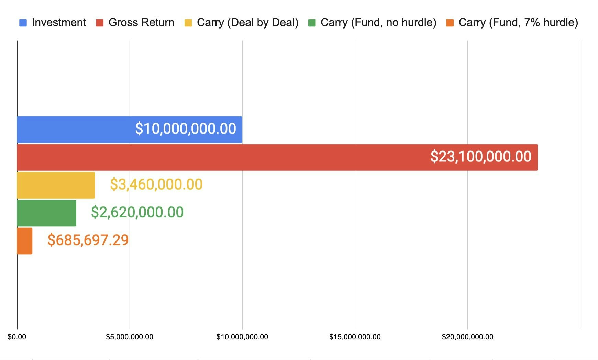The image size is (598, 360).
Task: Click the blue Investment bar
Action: [76, 130]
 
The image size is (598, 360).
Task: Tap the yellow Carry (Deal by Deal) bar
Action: [56, 185]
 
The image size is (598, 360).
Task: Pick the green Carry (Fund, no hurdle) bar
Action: [46, 213]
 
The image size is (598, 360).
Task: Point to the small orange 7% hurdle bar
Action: [25, 241]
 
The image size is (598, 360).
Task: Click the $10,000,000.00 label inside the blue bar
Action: [186, 129]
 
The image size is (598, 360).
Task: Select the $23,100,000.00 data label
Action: [481, 157]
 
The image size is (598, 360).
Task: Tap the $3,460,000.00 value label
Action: [156, 184]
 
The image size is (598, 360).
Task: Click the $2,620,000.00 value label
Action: [137, 212]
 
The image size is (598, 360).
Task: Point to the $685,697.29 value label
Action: [88, 240]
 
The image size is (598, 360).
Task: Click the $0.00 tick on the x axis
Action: [17, 337]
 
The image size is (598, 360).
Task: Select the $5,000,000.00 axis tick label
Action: [130, 337]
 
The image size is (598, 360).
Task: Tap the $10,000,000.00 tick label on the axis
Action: [242, 337]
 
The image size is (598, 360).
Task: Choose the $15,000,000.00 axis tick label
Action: [355, 337]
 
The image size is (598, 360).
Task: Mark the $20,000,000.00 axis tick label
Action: [468, 337]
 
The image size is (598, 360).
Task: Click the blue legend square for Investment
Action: [23, 23]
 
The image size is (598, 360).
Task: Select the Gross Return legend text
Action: [141, 23]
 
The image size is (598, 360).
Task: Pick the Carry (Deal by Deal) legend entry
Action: [247, 23]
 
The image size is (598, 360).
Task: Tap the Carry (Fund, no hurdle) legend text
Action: [378, 23]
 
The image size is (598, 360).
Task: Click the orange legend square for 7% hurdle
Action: [450, 23]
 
